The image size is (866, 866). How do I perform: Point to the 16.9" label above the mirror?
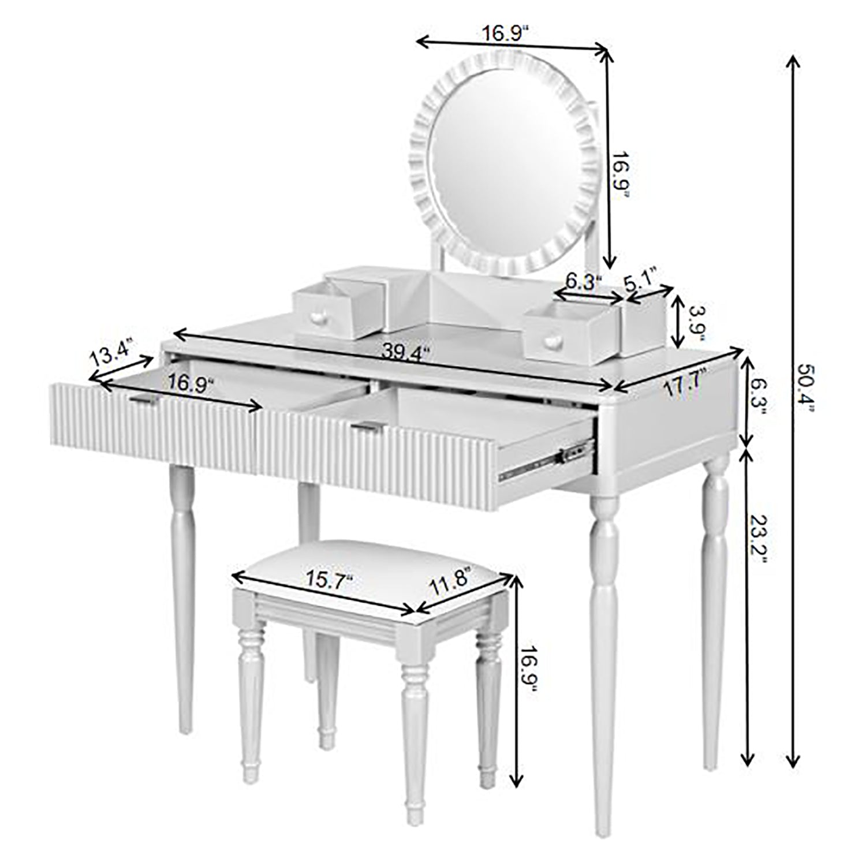point(505,33)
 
